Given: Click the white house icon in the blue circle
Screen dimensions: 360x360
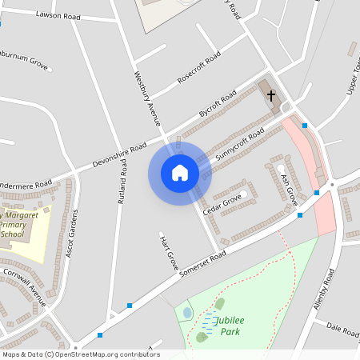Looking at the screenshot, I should (x=179, y=172).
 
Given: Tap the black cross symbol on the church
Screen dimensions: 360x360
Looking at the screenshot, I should (x=272, y=95).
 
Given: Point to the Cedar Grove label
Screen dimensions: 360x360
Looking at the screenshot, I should (x=222, y=204).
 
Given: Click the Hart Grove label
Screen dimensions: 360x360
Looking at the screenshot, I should (x=167, y=251).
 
